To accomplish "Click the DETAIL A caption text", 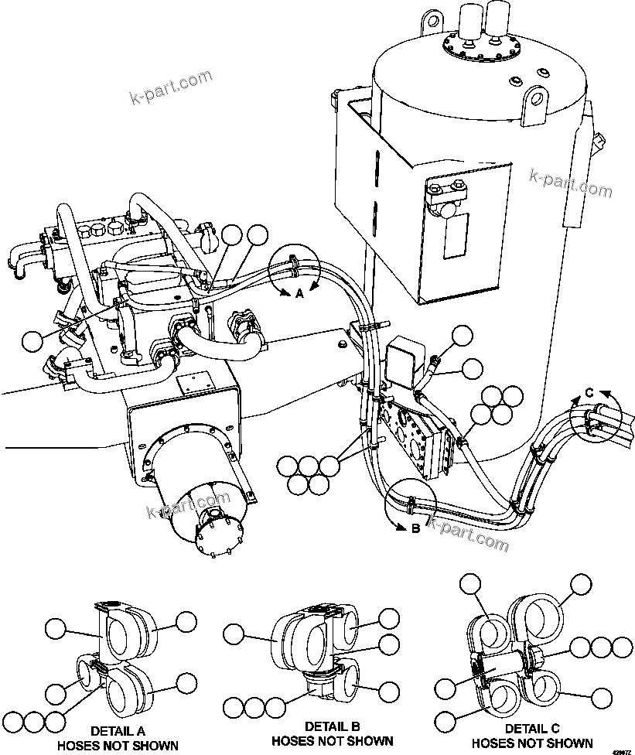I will pyautogui.click(x=118, y=730).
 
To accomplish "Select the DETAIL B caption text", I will pyautogui.click(x=332, y=726).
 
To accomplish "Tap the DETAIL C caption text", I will pyautogui.click(x=532, y=729).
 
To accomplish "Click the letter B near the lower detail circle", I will pyautogui.click(x=415, y=529).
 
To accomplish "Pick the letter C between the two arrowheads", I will pyautogui.click(x=589, y=392).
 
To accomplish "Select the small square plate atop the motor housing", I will pyautogui.click(x=191, y=384).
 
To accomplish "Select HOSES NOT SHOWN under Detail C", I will pyautogui.click(x=532, y=743).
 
